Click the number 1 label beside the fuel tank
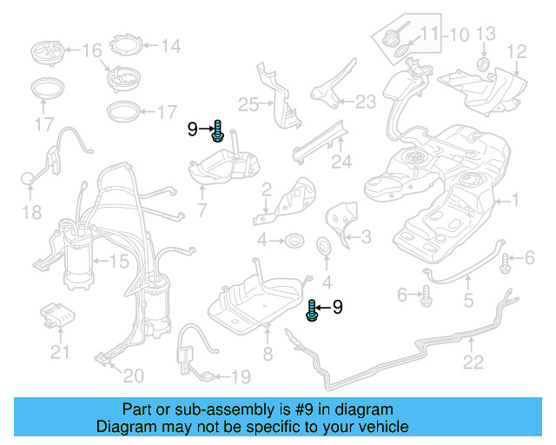(514, 201)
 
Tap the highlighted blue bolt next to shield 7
(217, 132)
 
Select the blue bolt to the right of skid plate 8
(311, 309)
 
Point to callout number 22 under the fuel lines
(472, 363)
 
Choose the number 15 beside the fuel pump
(118, 260)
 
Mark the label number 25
(248, 105)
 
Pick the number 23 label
(365, 103)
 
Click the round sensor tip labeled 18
(29, 179)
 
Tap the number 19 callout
(240, 377)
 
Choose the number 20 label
(133, 375)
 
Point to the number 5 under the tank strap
(467, 302)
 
